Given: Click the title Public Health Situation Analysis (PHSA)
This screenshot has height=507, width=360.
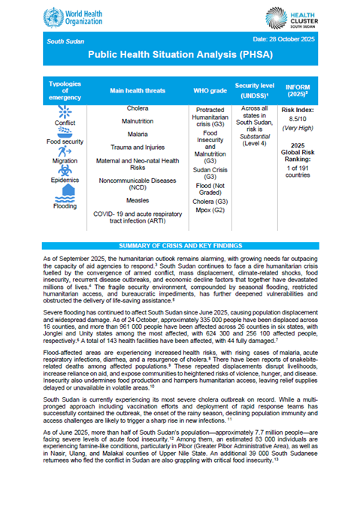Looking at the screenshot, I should pos(180,56).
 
